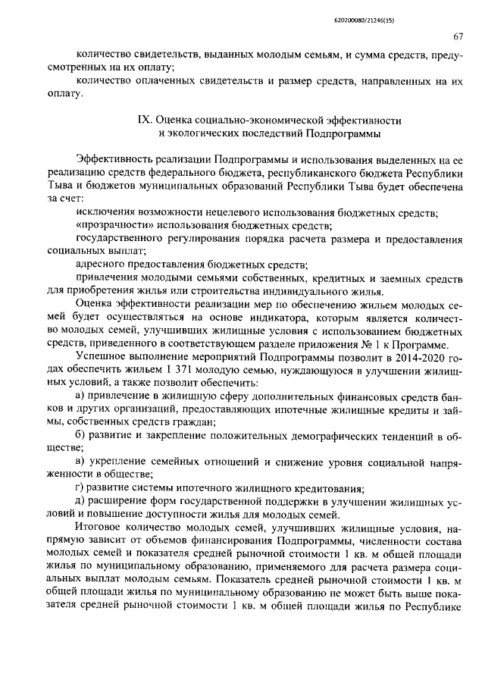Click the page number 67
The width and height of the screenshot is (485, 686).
[458, 36]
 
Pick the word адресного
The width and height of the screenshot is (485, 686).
[105, 265]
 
